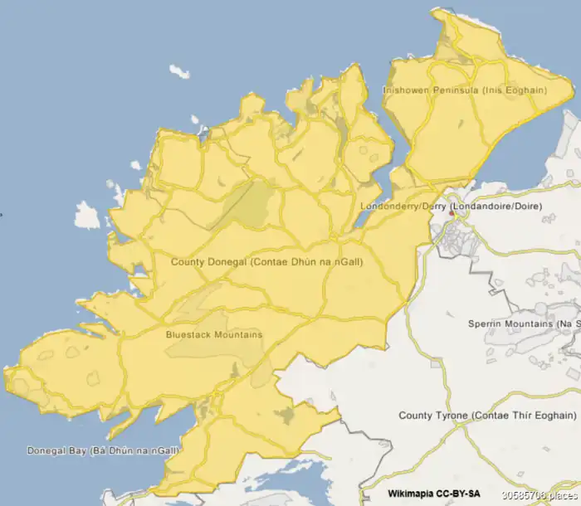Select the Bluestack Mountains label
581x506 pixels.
tap(214, 335)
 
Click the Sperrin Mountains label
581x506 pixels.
tap(524, 324)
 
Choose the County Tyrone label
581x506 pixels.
tap(487, 415)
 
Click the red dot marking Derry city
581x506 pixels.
tap(452, 214)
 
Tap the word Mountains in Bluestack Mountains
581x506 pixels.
tap(235, 335)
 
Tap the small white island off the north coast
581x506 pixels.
tap(178, 71)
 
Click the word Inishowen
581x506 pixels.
tap(406, 90)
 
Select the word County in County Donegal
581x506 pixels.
tap(187, 261)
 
